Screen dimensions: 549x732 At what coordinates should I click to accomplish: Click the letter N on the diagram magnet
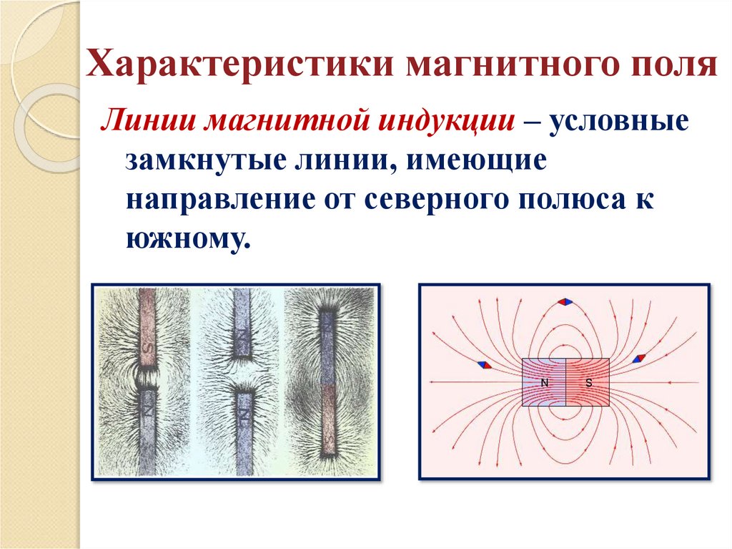[544, 383]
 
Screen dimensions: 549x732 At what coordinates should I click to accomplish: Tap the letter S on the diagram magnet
[588, 383]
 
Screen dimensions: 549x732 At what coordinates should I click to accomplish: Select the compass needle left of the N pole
[485, 364]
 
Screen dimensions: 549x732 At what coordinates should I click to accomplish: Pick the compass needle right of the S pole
[641, 357]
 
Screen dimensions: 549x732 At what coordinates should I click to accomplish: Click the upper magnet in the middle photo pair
[242, 326]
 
